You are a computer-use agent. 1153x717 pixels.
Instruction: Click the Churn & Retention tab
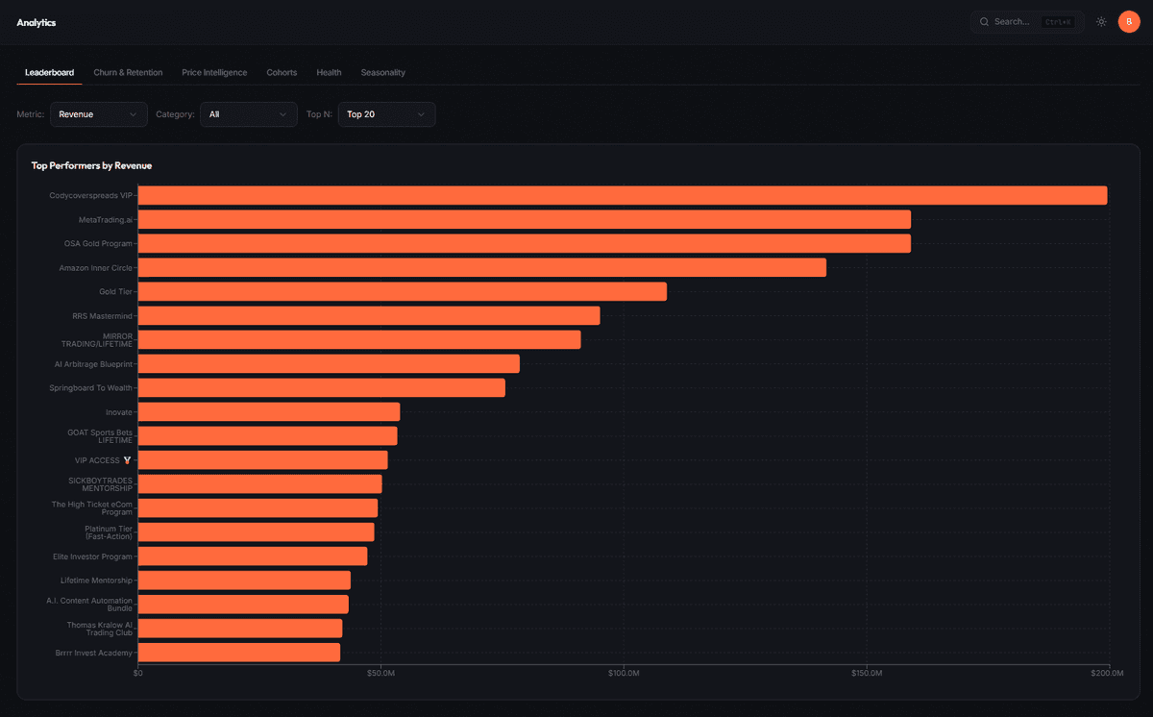[x=128, y=73]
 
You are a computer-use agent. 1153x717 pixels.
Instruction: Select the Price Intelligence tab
[x=214, y=73]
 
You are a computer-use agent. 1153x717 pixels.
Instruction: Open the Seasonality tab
[x=382, y=73]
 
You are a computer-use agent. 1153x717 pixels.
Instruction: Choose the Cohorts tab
[x=282, y=73]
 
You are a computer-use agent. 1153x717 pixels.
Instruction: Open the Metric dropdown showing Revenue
[x=99, y=114]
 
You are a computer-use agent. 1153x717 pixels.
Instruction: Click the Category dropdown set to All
[x=248, y=114]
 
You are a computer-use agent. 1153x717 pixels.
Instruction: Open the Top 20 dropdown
[x=386, y=114]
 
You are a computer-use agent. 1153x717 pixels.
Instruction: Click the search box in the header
[x=1026, y=21]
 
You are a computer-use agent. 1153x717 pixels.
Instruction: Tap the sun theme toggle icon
[x=1101, y=21]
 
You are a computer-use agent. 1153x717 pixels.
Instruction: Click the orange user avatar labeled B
[x=1129, y=21]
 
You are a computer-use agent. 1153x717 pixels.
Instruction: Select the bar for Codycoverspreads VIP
[x=623, y=196]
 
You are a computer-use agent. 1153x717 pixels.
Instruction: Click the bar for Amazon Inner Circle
[x=482, y=268]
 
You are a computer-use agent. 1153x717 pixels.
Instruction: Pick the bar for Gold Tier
[x=403, y=292]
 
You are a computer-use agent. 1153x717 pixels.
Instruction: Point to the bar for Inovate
[x=269, y=412]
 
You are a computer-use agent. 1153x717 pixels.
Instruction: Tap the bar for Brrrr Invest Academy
[x=239, y=653]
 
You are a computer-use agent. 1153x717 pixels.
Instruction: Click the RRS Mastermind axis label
[x=102, y=316]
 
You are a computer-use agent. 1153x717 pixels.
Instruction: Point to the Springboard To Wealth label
[x=90, y=388]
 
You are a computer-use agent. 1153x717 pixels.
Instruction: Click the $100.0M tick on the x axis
[x=624, y=674]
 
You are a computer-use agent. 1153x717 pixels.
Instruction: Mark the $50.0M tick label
[x=381, y=674]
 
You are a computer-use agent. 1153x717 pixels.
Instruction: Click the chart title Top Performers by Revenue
[x=91, y=165]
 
